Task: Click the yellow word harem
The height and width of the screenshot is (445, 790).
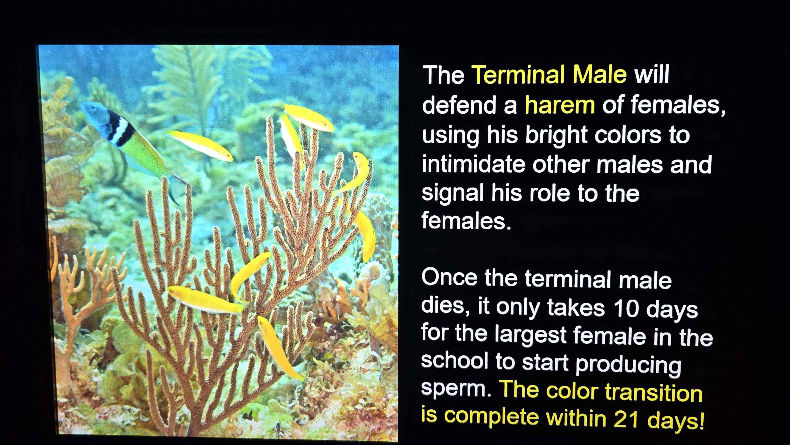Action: point(560,105)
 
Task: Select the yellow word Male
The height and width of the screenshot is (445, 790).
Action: point(600,74)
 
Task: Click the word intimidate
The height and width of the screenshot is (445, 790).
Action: point(474,164)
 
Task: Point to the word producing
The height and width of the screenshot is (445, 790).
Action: point(628,365)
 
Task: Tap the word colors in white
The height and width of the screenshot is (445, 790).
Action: point(628,135)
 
